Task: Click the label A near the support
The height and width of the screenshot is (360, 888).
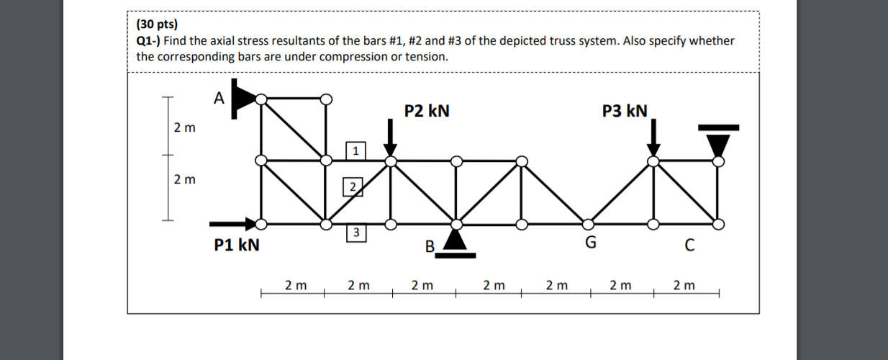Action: click(x=219, y=97)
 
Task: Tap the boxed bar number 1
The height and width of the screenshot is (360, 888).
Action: click(x=355, y=150)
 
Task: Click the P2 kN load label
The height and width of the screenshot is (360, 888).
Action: click(x=427, y=111)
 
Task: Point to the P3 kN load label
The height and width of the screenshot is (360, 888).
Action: click(x=625, y=111)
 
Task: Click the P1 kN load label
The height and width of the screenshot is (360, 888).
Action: click(x=237, y=245)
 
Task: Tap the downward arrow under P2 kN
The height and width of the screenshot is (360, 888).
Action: click(x=390, y=137)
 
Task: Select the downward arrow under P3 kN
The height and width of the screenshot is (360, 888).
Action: click(x=653, y=137)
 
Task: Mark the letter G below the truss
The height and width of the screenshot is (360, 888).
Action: click(x=590, y=243)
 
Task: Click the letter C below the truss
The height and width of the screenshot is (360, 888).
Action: click(x=689, y=245)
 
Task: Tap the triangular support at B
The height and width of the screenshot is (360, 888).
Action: click(x=455, y=240)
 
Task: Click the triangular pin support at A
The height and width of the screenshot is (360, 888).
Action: click(x=243, y=98)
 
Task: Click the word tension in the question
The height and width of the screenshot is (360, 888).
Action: click(x=426, y=56)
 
